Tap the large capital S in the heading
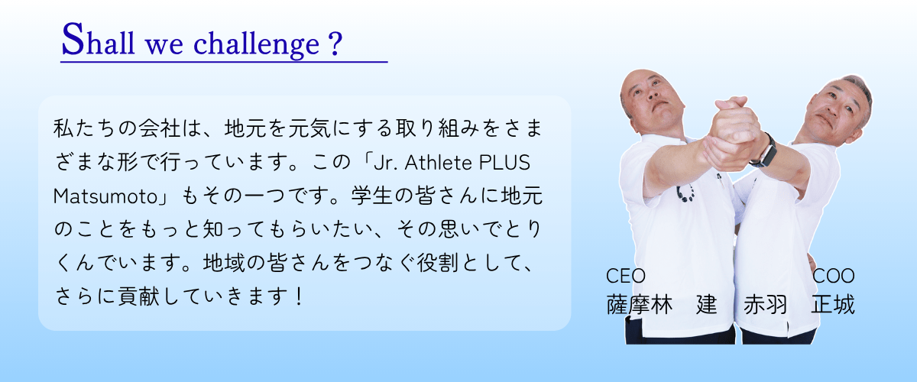click(73, 39)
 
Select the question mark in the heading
click(335, 43)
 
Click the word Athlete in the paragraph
click(438, 163)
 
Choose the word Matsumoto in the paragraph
click(105, 196)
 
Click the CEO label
click(626, 276)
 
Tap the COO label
click(834, 276)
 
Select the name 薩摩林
click(639, 305)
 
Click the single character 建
click(707, 305)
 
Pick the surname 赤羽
click(765, 305)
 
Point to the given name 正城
click(833, 305)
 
